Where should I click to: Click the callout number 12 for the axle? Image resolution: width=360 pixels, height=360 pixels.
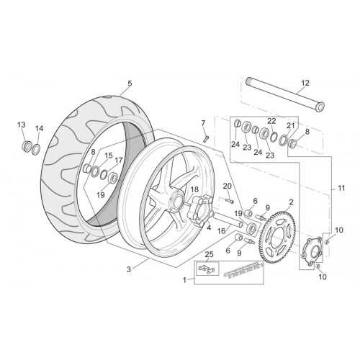tap(305, 83)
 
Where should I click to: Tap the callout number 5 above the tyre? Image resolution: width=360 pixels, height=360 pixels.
tap(130, 84)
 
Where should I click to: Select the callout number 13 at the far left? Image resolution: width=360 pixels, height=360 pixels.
tap(22, 125)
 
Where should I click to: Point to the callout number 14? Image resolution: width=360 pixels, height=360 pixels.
tap(39, 129)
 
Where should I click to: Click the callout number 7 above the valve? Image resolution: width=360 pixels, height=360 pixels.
tap(203, 123)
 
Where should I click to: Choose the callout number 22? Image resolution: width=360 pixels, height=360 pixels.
tap(271, 121)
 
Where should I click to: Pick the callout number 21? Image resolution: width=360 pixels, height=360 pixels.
tap(291, 125)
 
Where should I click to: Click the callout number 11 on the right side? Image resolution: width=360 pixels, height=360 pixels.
tap(341, 188)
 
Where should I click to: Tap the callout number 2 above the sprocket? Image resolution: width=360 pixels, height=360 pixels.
tap(291, 202)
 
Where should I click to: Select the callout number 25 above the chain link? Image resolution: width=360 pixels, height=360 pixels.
tap(209, 254)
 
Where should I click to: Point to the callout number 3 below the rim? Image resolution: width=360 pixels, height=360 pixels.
tap(129, 269)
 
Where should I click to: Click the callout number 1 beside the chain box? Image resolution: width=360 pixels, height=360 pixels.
tap(184, 280)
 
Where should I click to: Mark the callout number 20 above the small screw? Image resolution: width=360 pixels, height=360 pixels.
tap(228, 186)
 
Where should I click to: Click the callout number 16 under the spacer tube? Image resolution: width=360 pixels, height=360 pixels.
tap(222, 231)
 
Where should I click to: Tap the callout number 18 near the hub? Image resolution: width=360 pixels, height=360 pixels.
tap(194, 189)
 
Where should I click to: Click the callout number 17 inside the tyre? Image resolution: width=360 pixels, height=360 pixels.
tap(119, 160)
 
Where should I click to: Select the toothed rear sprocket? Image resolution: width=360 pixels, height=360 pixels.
tap(279, 236)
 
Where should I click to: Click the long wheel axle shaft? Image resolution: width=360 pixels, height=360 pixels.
tap(285, 96)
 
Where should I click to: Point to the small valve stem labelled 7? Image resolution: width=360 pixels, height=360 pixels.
tap(205, 139)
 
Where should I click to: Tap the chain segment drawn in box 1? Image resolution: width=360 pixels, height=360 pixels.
tap(243, 270)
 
